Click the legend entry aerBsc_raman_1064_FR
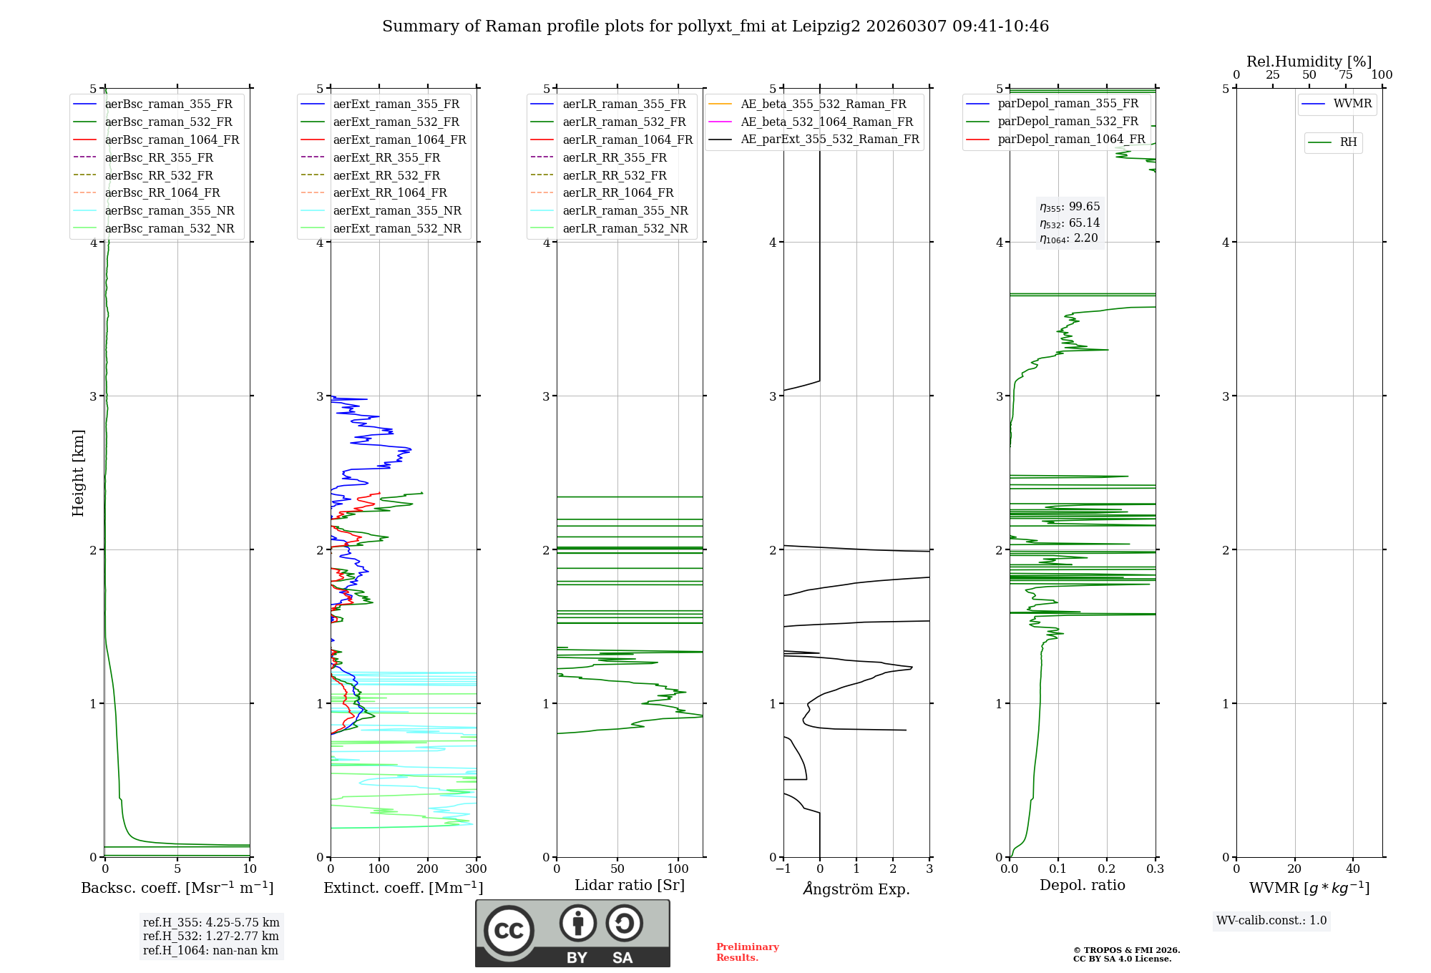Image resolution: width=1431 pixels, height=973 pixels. (172, 140)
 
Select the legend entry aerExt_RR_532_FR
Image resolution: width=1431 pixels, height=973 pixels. (386, 175)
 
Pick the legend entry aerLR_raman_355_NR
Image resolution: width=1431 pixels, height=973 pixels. (625, 210)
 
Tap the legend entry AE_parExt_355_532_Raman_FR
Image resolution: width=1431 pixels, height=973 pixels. (829, 139)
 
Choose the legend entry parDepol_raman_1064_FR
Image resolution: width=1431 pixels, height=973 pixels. (1071, 139)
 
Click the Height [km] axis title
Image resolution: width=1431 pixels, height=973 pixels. (78, 473)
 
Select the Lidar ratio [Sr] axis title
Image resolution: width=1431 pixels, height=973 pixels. (630, 885)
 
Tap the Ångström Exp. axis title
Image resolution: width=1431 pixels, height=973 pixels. (856, 889)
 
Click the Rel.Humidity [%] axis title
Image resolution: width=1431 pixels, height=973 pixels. (1309, 62)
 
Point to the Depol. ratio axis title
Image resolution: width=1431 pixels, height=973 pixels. (1082, 885)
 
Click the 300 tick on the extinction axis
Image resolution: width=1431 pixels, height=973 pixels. (476, 869)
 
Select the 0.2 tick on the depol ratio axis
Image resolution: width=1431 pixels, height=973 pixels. (1107, 869)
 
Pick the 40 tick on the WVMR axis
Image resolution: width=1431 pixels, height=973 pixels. (1353, 869)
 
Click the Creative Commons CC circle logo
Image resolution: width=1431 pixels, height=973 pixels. (509, 930)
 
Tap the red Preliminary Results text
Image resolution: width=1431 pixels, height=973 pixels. (747, 952)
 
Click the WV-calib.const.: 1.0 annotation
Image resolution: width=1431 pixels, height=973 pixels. (1271, 921)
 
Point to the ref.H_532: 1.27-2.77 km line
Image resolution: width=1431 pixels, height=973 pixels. (210, 936)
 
